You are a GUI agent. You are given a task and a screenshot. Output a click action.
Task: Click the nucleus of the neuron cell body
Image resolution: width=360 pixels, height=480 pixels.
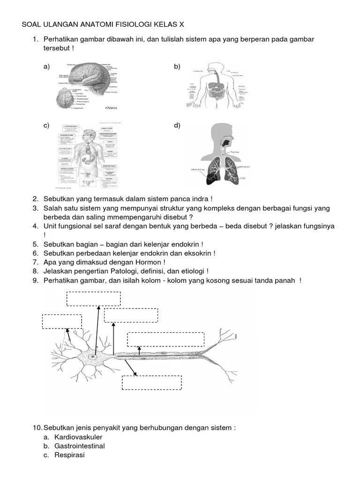[93, 357]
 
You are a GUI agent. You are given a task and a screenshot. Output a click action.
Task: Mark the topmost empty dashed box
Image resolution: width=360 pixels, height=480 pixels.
[93, 299]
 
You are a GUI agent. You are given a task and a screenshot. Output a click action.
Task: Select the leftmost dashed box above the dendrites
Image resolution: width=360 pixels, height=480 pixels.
[62, 322]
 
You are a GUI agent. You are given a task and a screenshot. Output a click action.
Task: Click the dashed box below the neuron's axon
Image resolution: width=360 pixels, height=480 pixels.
[151, 382]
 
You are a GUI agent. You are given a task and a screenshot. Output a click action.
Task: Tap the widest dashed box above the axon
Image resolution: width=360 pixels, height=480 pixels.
[166, 339]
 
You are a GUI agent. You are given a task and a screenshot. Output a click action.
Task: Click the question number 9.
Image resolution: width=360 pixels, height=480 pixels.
[35, 280]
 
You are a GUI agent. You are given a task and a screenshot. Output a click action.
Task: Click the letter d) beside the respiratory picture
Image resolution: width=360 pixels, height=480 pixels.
[177, 125]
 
